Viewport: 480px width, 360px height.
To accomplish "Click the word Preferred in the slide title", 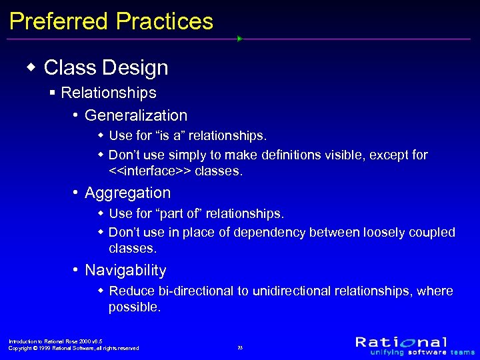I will coord(59,21).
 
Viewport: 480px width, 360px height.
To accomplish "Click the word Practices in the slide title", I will coord(164,21).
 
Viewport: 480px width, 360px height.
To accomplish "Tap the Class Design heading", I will coord(105,67).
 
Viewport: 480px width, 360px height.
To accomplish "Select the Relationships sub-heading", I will coord(108,93).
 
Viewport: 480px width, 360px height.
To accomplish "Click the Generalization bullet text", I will coord(136,115).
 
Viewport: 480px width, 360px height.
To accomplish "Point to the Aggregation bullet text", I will coord(127,193).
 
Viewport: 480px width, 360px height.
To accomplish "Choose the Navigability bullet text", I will coord(125,270).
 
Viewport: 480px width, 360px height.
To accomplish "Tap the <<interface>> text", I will coord(150,171).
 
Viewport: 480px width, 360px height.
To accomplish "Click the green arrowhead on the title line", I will coord(239,39).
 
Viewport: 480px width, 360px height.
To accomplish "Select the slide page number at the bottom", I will coord(240,348).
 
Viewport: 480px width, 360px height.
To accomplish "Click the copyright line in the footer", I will coord(73,348).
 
